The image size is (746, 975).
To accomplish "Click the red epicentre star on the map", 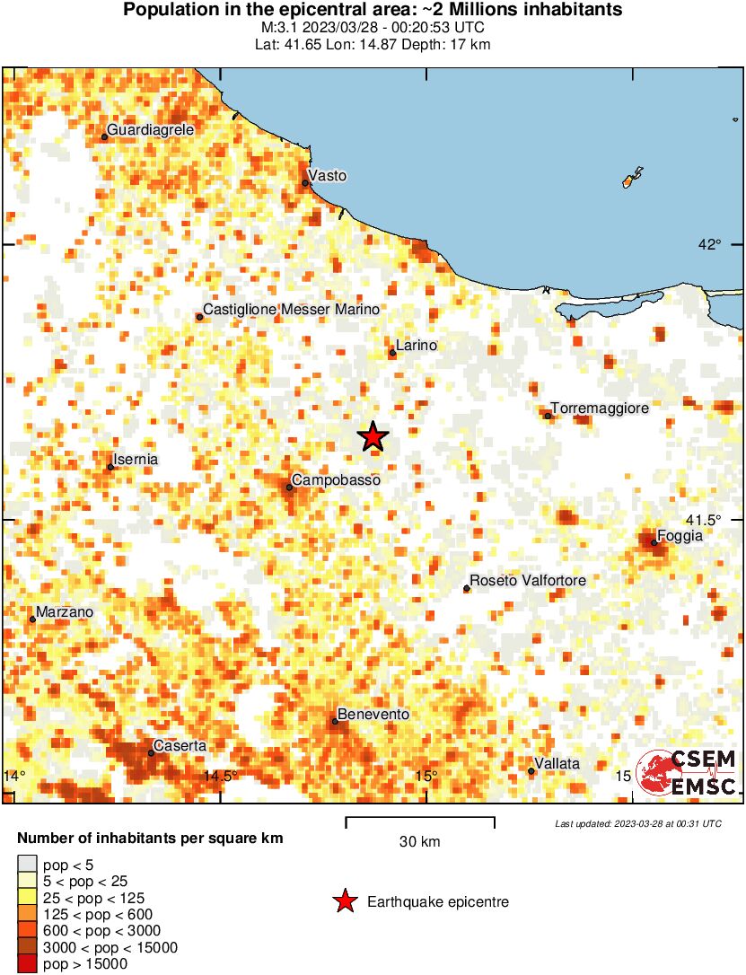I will coord(373,437).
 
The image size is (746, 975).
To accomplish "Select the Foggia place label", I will coord(680,536).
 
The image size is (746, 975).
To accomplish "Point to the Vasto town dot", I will coord(305,183).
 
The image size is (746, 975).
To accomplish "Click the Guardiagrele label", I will coord(151,130).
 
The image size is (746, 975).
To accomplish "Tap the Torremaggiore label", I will coord(600,408).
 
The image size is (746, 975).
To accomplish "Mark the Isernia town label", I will coord(136,460).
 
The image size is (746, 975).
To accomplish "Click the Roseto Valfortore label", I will coord(529,581).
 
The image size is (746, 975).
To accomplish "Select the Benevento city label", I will coord(373,715).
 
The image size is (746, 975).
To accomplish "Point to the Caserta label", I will coord(180,745).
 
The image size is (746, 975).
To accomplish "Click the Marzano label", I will coord(65,612).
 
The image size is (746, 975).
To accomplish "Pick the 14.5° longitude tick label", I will coord(220,777).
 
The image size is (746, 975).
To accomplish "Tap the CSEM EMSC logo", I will coord(687,772).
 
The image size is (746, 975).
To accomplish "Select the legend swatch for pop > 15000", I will coord(28,964).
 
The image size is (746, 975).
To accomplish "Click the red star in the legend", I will coord(345,902).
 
